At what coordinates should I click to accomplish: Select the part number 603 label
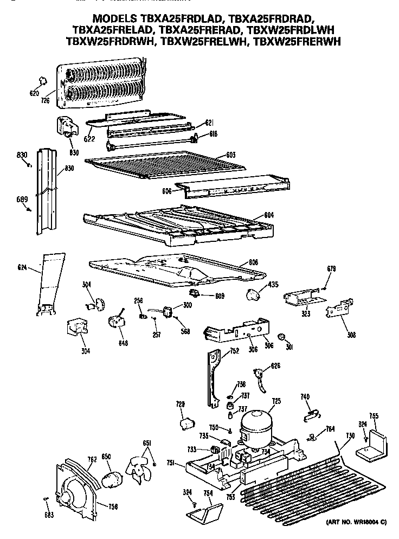[x=230, y=156]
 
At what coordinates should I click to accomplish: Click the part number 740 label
[x=304, y=397]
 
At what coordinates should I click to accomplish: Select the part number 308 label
[x=352, y=335]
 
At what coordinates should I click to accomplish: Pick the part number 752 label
[x=234, y=351]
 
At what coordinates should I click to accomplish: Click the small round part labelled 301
[x=281, y=338]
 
